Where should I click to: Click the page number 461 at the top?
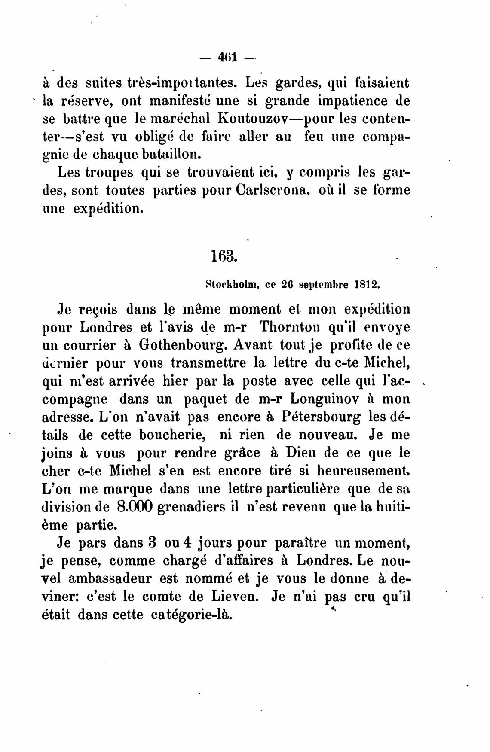pyautogui.click(x=228, y=57)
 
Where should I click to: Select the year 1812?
pyautogui.click(x=366, y=284)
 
